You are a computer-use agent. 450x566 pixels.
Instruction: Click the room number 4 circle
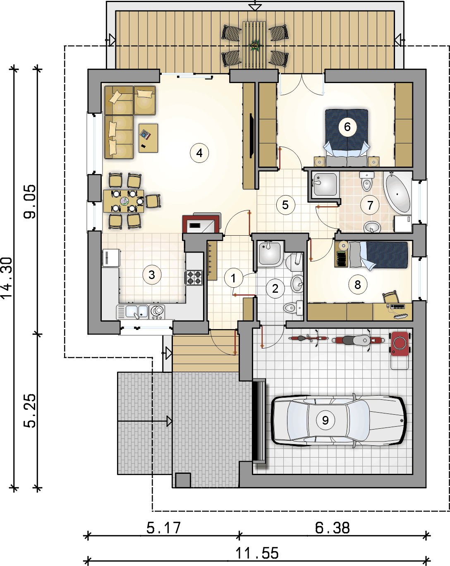point(199,153)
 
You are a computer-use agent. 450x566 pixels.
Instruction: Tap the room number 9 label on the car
point(325,420)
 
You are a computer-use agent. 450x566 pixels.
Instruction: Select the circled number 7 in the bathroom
point(370,205)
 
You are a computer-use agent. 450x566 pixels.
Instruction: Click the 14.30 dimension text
point(7,277)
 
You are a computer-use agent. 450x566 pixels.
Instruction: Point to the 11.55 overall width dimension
point(257,553)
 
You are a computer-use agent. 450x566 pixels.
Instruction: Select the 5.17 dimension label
point(164,528)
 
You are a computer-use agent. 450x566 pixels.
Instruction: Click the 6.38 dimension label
point(332,528)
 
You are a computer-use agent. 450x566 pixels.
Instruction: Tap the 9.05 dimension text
point(30,201)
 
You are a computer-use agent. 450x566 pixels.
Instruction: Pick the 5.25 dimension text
point(30,410)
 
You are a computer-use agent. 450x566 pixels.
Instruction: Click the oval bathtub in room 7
point(397,193)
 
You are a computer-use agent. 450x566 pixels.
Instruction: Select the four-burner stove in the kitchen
point(194,277)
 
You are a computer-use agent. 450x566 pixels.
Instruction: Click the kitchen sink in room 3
point(137,312)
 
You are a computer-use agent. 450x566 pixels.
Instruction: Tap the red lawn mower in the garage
point(400,344)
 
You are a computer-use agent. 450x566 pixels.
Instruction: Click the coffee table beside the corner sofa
point(148,138)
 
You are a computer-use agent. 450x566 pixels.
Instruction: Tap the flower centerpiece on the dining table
point(124,201)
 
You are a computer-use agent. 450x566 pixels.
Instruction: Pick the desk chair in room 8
point(391,297)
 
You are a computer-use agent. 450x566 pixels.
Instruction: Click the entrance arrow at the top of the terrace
point(255,6)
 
